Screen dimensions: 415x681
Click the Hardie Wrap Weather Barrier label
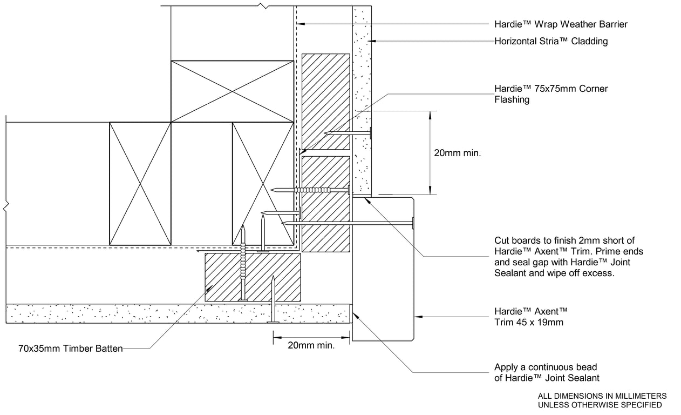(x=561, y=24)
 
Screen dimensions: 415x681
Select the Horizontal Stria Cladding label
(x=551, y=41)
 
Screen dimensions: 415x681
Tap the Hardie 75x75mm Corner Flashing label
(x=551, y=94)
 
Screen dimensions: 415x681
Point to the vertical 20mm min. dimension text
(x=457, y=153)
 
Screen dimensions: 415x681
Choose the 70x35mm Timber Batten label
(x=71, y=349)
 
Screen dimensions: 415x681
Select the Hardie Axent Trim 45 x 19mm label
(x=531, y=317)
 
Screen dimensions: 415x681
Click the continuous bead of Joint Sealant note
(x=547, y=373)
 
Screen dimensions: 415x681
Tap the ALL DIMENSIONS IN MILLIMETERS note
(x=602, y=400)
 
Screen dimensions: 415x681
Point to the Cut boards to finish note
(x=569, y=257)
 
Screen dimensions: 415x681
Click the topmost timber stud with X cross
(x=233, y=91)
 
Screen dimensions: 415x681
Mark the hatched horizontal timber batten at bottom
(x=253, y=277)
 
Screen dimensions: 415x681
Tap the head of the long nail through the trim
(x=413, y=222)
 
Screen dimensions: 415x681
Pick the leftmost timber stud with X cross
(x=140, y=184)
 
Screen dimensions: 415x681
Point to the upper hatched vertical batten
(x=325, y=101)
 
